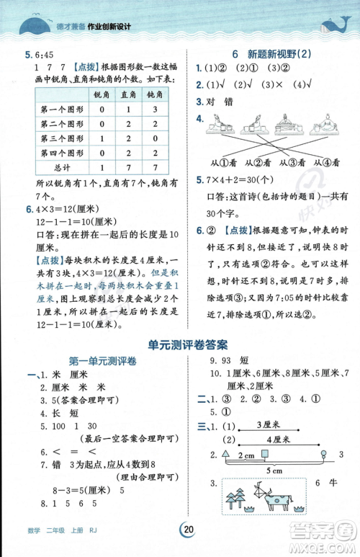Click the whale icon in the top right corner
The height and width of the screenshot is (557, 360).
coord(333,26)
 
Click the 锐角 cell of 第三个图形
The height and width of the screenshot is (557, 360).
coord(102,138)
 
